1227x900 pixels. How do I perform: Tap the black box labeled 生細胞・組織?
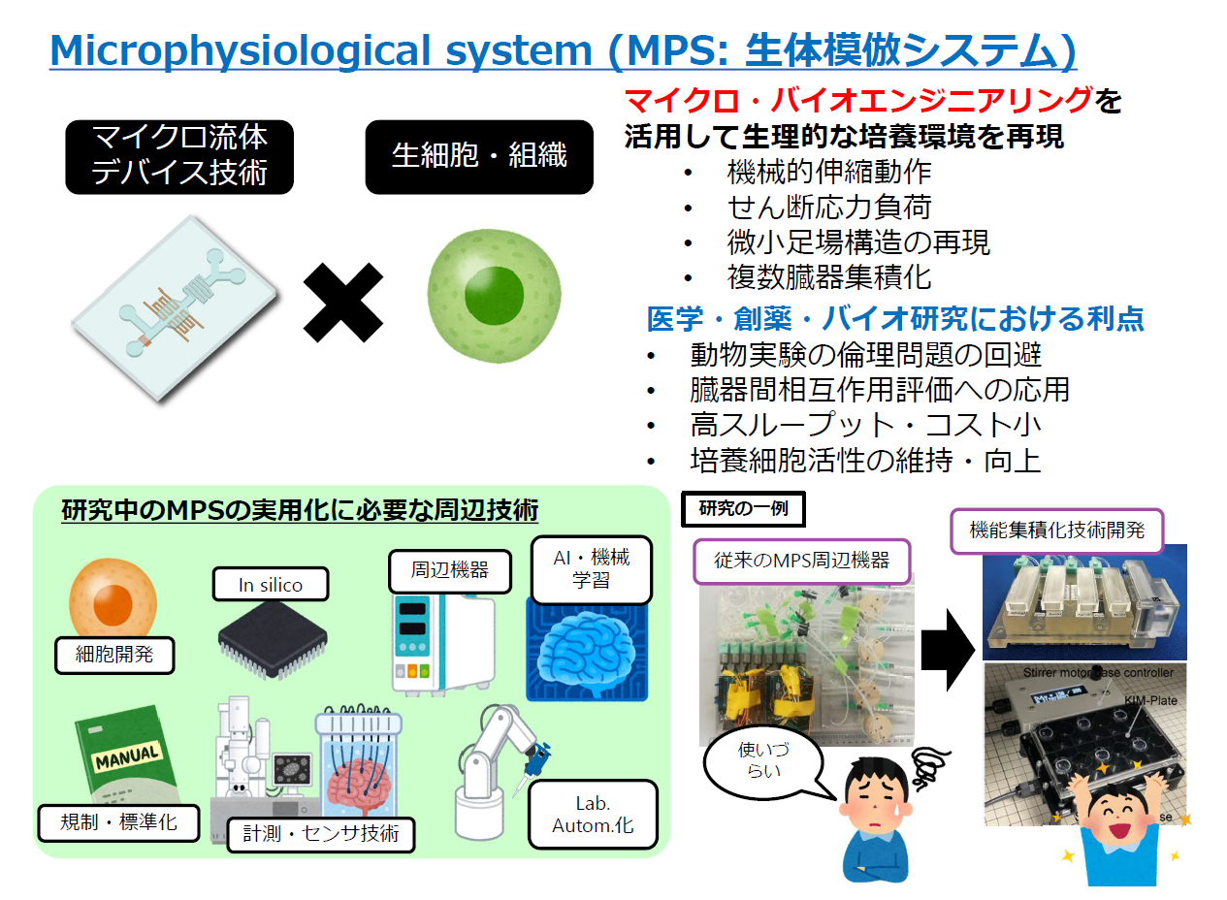point(479,156)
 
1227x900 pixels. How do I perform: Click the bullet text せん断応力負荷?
point(828,207)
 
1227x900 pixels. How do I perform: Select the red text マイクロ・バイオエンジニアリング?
point(859,100)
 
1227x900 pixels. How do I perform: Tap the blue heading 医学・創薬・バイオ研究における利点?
point(894,318)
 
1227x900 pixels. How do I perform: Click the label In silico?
point(271,585)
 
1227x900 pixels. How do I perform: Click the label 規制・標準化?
point(119,822)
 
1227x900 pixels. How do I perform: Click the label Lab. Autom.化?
point(592,815)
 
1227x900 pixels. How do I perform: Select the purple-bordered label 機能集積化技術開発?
point(1056,530)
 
